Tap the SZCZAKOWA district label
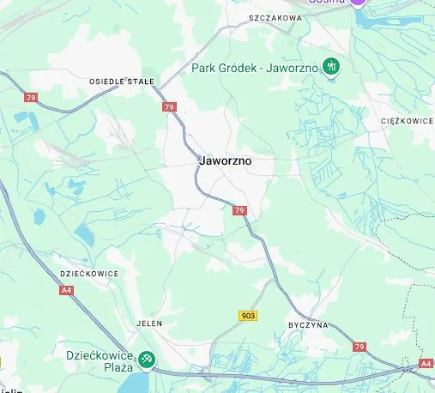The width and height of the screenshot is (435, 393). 275,17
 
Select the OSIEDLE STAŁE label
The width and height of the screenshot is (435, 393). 122,82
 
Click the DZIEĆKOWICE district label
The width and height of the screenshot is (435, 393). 90,273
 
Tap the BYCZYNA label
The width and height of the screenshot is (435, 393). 308,327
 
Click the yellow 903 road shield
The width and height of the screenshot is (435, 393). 248,316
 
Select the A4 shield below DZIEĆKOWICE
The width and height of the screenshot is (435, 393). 66,291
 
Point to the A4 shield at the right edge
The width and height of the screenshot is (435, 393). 426,364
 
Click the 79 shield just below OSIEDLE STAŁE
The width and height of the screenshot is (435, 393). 169,107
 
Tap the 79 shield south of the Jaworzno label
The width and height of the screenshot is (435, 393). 239,210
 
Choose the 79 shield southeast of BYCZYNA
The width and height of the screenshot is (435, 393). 359,347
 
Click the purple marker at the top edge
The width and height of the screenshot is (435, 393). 359,3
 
